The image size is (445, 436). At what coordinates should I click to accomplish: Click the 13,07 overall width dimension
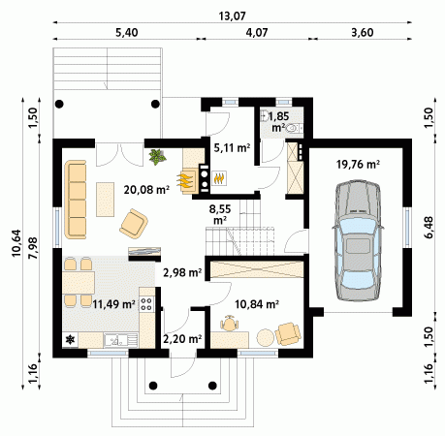tap(232, 16)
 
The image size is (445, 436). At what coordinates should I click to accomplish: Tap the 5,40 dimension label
tap(126, 32)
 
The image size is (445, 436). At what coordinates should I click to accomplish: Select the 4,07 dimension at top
tap(257, 32)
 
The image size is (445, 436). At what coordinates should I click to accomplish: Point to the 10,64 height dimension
tap(16, 243)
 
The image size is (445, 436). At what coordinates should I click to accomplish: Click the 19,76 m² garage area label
tap(358, 165)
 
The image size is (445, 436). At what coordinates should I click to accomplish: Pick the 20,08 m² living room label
tap(146, 190)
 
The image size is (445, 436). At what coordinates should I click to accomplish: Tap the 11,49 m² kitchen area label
tap(113, 304)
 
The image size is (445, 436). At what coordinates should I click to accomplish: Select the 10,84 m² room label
tap(257, 304)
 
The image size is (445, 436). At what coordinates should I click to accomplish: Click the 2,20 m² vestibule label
tap(182, 339)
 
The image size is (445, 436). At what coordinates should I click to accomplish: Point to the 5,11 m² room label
tap(232, 147)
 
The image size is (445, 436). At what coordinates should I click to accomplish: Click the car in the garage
tap(358, 241)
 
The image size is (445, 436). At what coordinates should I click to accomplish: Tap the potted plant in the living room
tap(157, 157)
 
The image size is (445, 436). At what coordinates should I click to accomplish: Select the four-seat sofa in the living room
tap(76, 200)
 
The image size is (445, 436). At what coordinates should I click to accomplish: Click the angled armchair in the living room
tap(134, 224)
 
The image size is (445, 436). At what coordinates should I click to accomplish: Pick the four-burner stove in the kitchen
tap(146, 303)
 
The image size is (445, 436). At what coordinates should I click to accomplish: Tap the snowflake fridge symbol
tap(70, 340)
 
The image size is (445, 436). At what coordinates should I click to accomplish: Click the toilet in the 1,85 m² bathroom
tap(293, 129)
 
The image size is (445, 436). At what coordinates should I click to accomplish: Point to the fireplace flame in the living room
tap(185, 181)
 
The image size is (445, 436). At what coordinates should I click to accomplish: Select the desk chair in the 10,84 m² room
tap(230, 323)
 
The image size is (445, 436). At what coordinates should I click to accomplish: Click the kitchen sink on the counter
tap(115, 340)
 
